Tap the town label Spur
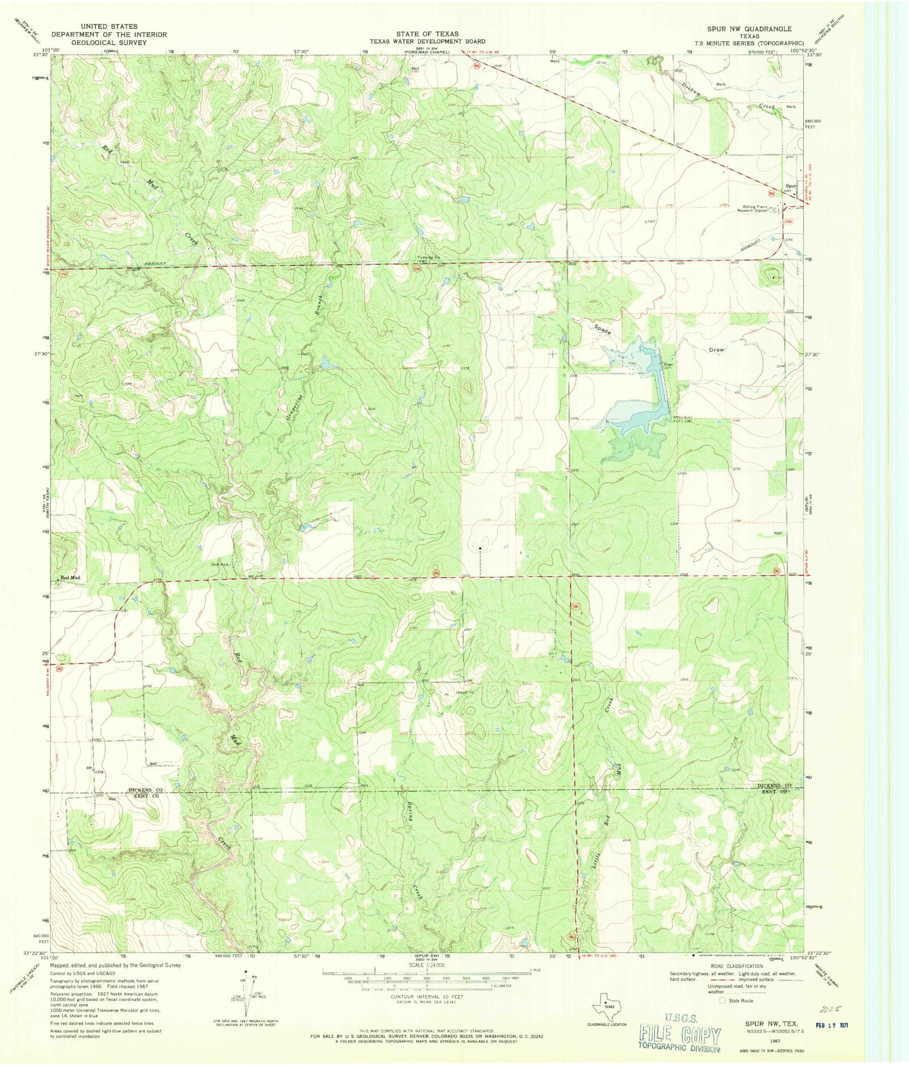pos(790,186)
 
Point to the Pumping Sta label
pos(428,257)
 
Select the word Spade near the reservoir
pos(602,329)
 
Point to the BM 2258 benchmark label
pos(95,770)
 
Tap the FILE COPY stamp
pos(680,1036)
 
